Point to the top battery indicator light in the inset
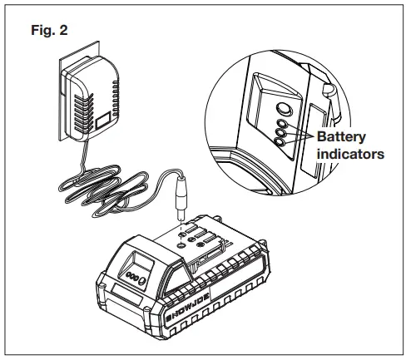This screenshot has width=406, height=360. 282,122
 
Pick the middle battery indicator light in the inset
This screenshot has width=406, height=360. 283,132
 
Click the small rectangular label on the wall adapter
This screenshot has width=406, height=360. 105,123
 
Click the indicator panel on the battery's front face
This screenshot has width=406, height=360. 136,278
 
